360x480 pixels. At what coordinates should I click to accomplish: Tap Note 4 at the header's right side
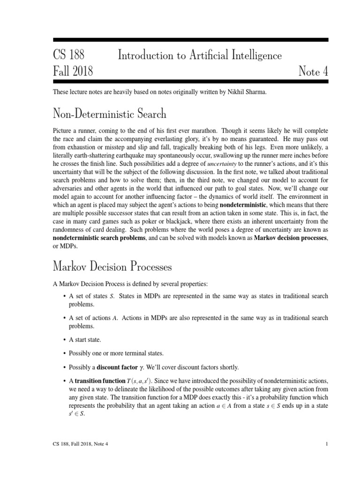pyautogui.click(x=313, y=72)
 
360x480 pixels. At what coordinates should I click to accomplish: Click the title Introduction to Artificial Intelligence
pyautogui.click(x=200, y=56)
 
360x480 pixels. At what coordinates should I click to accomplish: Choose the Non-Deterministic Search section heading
pyautogui.click(x=110, y=113)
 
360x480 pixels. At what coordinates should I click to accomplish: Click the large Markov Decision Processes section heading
pyautogui.click(x=112, y=267)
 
